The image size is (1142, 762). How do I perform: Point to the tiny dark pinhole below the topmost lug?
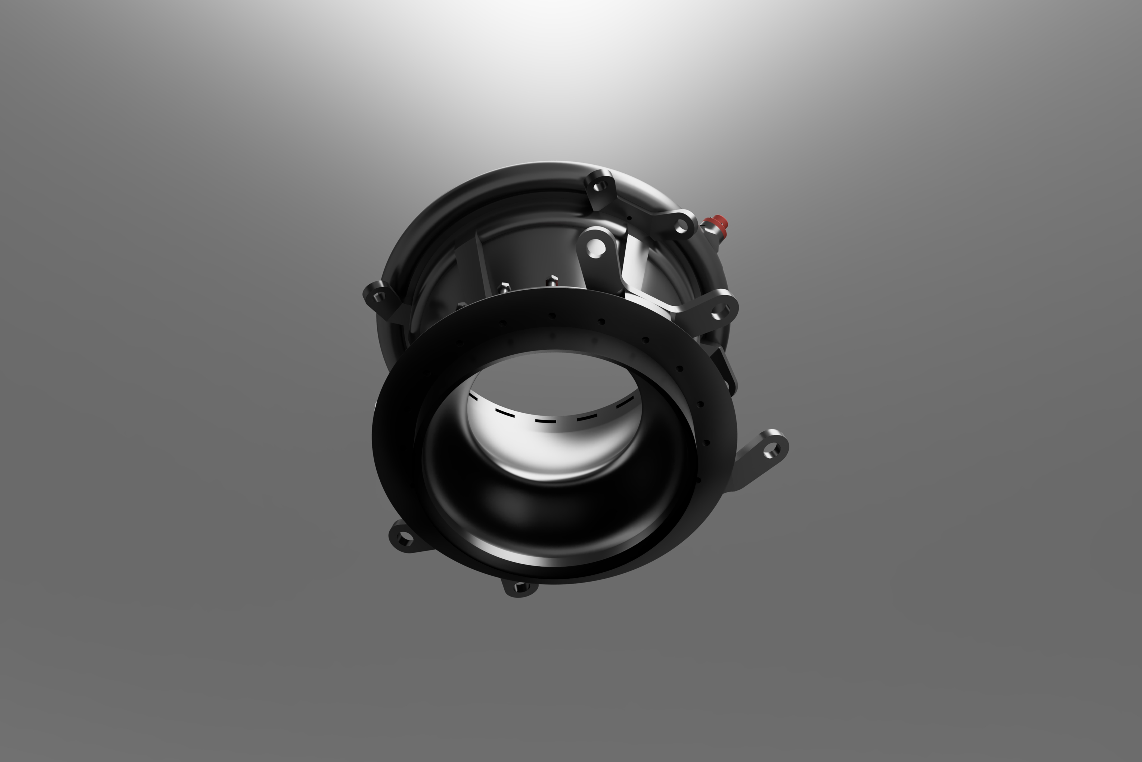click(x=629, y=218)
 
